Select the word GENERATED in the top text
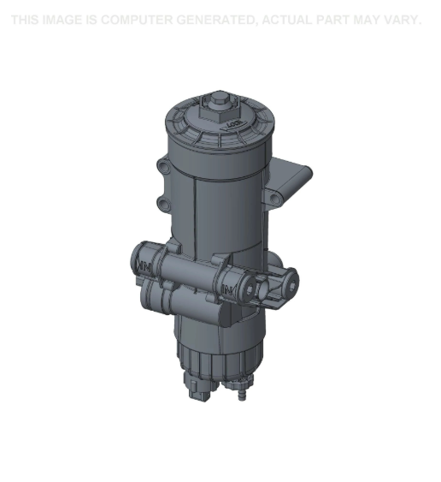(214, 20)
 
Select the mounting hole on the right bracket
(274, 199)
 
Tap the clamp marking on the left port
(144, 270)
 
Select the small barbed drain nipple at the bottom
(240, 396)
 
